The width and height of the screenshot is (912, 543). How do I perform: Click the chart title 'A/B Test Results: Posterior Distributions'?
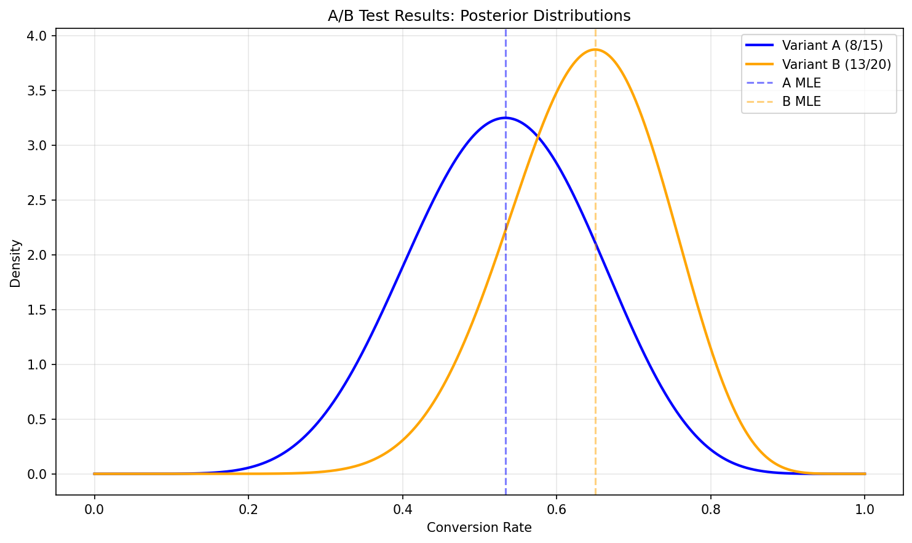[479, 16]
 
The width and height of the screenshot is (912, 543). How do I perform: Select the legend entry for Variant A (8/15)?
[832, 46]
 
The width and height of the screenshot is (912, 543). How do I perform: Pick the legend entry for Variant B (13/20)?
[836, 64]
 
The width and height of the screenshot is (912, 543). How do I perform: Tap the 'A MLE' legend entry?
[801, 83]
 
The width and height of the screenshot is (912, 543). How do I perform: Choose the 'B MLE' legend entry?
[801, 102]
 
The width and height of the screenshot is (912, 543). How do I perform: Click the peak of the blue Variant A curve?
[505, 118]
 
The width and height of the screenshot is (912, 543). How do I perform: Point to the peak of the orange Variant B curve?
[595, 49]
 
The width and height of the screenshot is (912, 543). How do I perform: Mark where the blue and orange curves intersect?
[537, 137]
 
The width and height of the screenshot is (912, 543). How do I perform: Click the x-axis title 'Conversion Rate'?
[479, 528]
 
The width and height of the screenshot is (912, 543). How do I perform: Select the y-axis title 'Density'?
[16, 263]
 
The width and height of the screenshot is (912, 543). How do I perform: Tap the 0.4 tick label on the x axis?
[402, 510]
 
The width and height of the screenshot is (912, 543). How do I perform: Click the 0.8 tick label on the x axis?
[711, 510]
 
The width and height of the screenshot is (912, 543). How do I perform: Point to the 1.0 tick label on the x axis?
[865, 510]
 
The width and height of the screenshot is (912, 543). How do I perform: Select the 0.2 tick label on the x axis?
[248, 510]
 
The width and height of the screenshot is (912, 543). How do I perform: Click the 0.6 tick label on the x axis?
[557, 510]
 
